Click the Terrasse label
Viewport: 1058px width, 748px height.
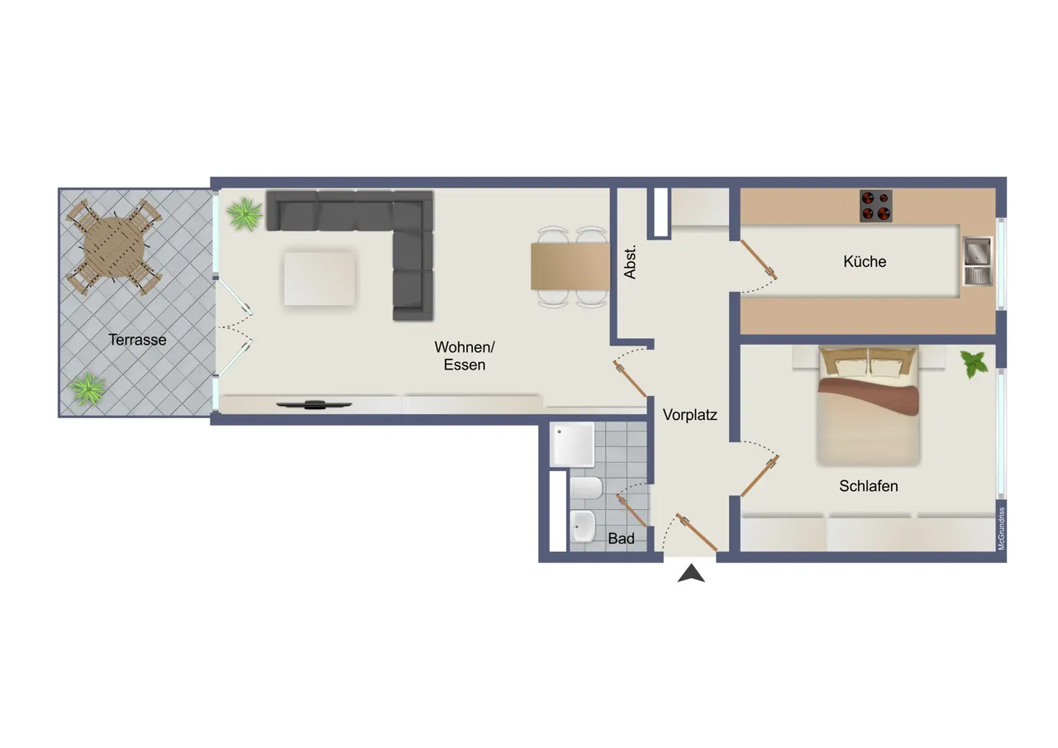(x=137, y=340)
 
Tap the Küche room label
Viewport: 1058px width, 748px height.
(x=865, y=261)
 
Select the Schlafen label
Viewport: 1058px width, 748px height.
(x=868, y=486)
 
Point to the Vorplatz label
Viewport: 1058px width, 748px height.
(x=689, y=415)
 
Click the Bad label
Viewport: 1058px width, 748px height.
(x=621, y=538)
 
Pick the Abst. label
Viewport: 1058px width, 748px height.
(x=630, y=262)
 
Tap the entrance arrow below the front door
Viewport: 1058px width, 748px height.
(x=691, y=573)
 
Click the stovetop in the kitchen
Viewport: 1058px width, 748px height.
(x=875, y=206)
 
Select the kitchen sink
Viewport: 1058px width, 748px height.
(x=978, y=260)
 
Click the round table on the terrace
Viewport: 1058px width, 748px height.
(x=114, y=247)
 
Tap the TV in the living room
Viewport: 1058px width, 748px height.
(x=314, y=405)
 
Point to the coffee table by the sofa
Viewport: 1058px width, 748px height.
(x=319, y=279)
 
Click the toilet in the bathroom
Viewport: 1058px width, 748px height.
(x=586, y=488)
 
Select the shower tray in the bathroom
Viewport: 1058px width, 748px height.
(x=572, y=445)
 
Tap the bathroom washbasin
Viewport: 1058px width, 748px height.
(x=584, y=526)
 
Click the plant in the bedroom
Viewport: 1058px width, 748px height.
(x=974, y=364)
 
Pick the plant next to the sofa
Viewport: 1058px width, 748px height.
(x=245, y=214)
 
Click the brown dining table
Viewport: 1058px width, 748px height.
(x=570, y=266)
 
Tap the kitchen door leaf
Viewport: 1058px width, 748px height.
(x=759, y=260)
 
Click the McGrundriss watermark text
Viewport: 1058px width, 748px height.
(x=1001, y=528)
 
